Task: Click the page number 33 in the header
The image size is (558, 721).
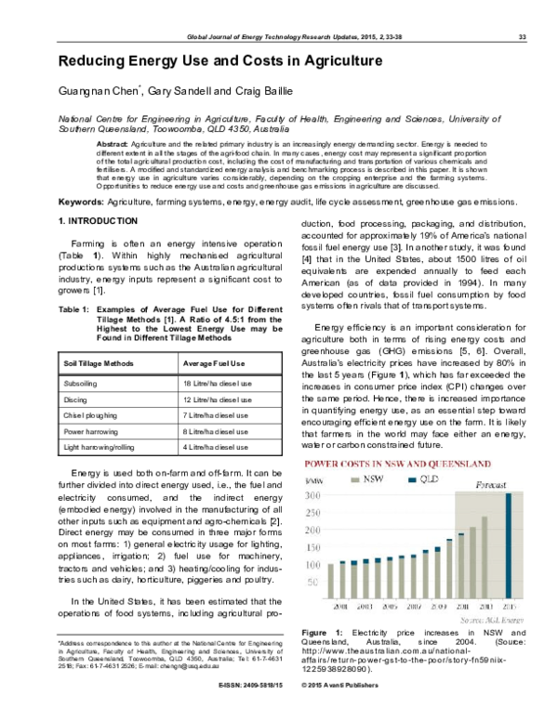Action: pos(522,37)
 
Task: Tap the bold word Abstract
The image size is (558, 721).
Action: pos(113,146)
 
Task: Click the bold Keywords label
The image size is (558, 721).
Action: pos(81,201)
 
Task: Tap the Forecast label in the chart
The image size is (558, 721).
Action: pos(492,485)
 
